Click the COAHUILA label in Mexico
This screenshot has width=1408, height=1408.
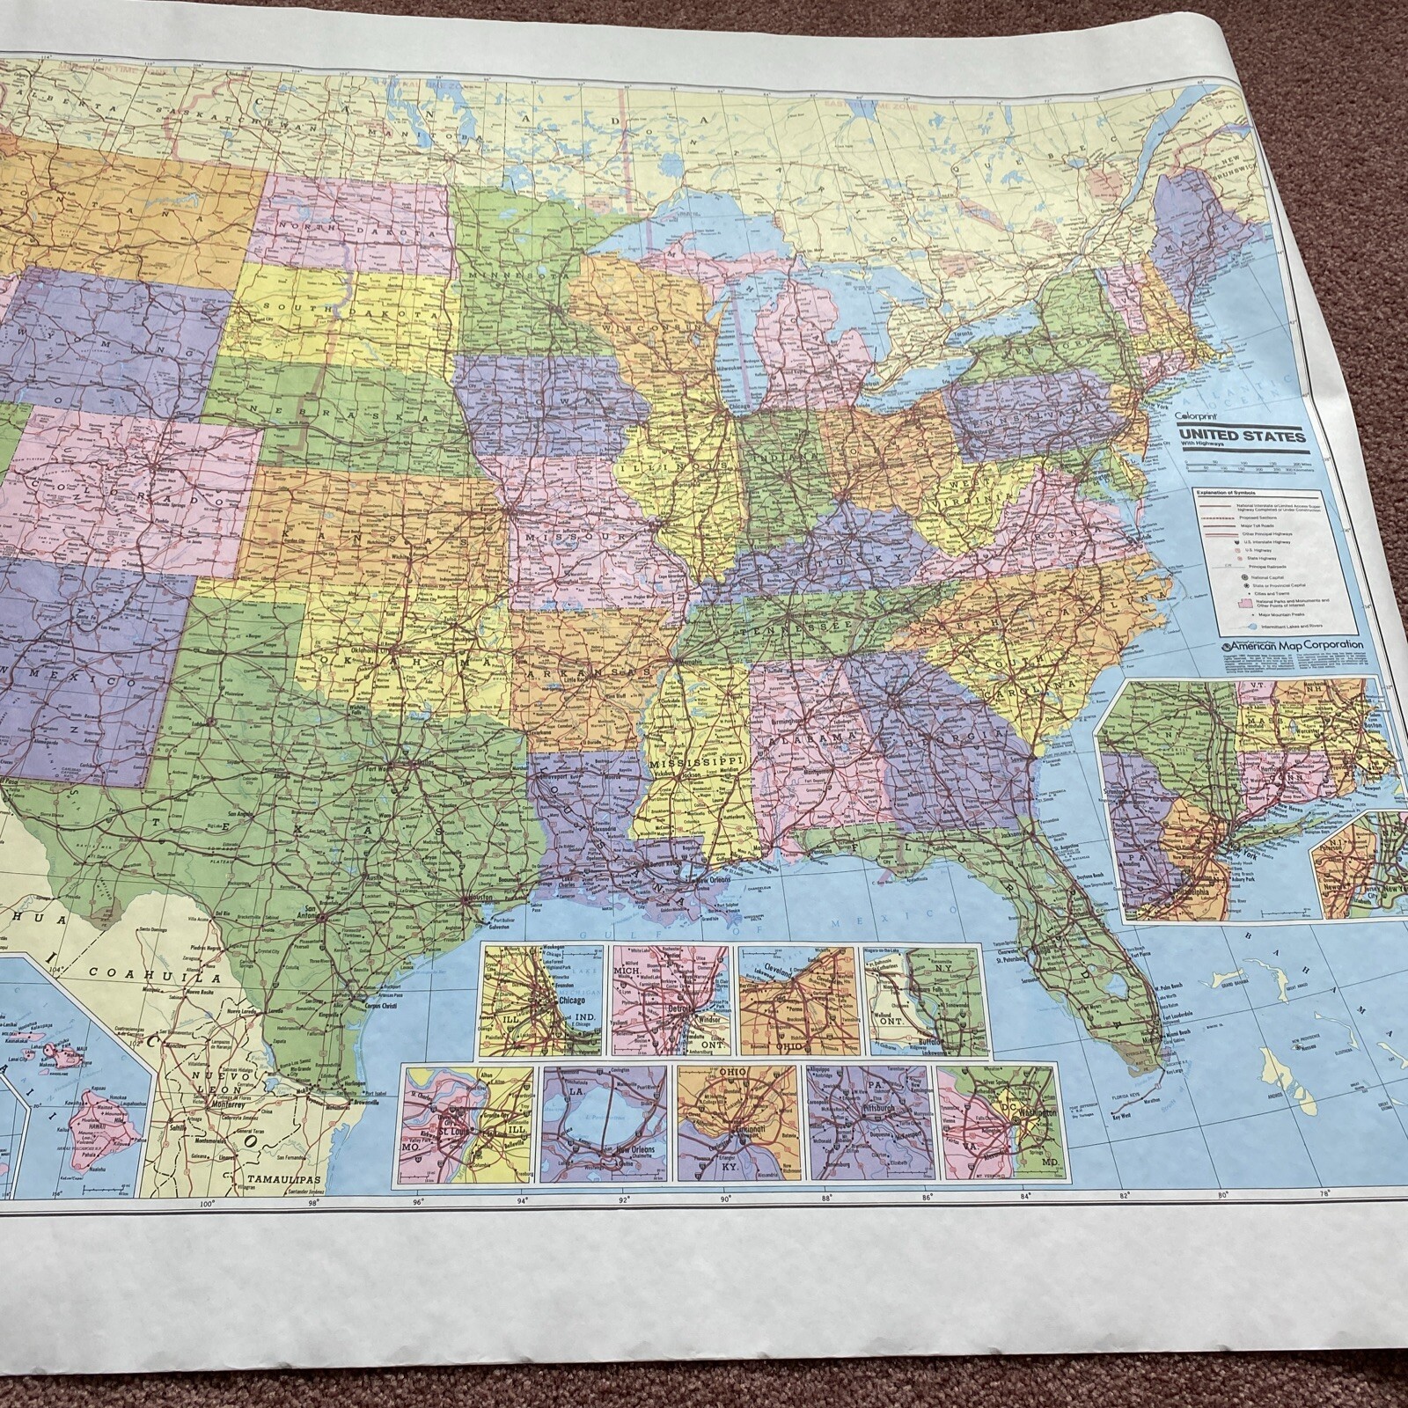click(x=153, y=975)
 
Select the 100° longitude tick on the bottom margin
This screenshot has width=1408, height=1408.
click(x=207, y=1206)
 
